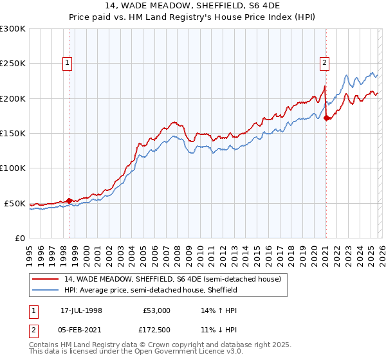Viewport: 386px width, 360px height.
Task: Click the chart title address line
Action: tap(193, 5)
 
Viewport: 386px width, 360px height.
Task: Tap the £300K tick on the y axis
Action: tap(13, 29)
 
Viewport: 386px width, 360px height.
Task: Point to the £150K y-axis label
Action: tap(13, 134)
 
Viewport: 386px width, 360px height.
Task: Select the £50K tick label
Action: tap(15, 203)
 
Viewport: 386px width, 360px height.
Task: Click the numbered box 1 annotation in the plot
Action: tap(68, 63)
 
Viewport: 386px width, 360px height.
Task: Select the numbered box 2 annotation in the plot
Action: tap(325, 63)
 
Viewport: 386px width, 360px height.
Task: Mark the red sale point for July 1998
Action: tap(69, 201)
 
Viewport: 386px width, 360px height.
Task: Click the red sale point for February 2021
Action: tap(326, 118)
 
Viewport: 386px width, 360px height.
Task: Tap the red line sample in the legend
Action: tap(46, 280)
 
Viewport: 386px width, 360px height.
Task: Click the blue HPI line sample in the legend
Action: tap(46, 291)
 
